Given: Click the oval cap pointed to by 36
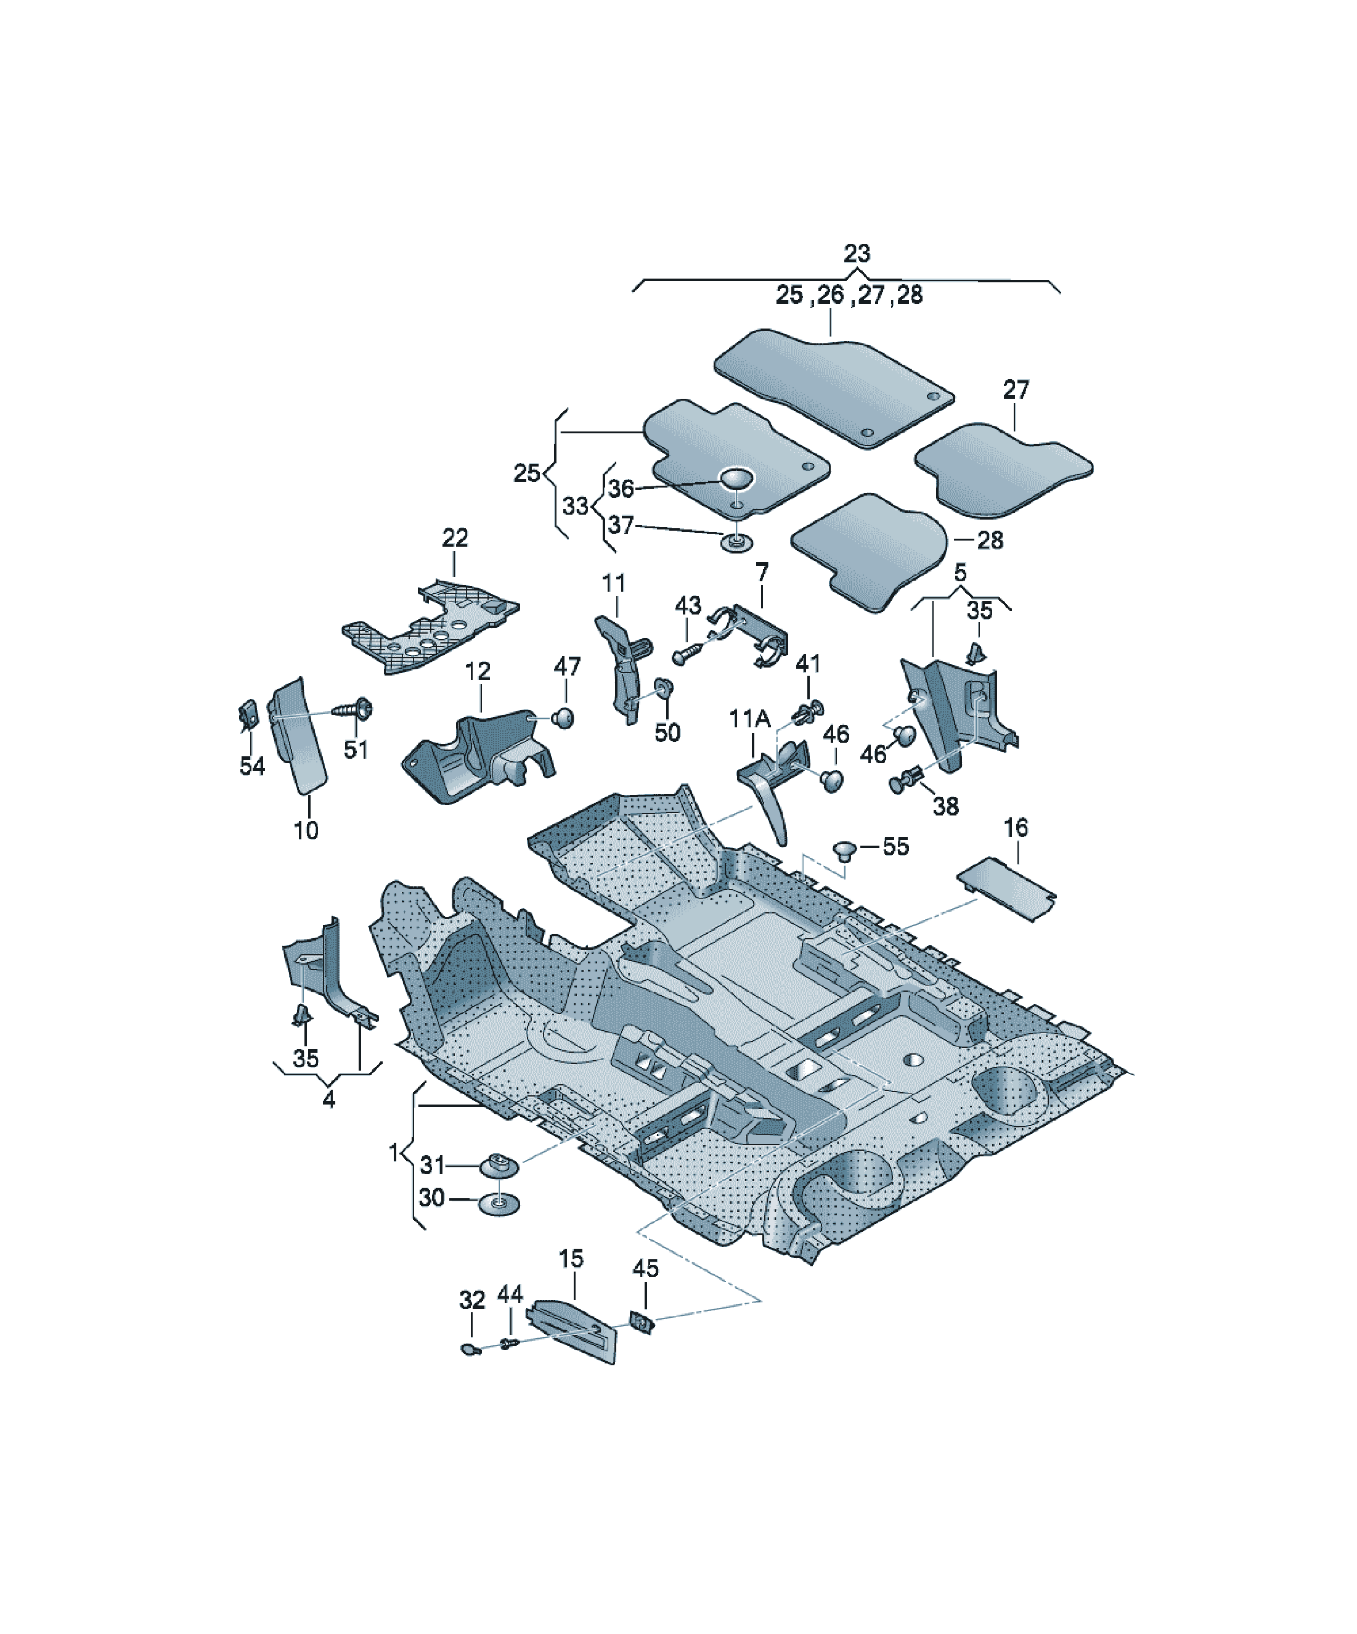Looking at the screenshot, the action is pos(736,478).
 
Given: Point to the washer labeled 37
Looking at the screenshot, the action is pos(735,542).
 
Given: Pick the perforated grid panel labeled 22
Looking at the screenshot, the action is pos(431,625).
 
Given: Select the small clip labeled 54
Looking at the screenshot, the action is pos(247,715).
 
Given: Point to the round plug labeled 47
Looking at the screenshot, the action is pos(563,717).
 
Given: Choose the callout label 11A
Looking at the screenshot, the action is pos(749,719).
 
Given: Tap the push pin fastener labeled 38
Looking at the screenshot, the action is pos(906,779).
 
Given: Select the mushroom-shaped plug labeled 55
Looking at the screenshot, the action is pos(844,850).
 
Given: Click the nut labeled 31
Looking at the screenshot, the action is pos(500,1166).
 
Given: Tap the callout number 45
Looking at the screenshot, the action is pos(646,1268).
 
